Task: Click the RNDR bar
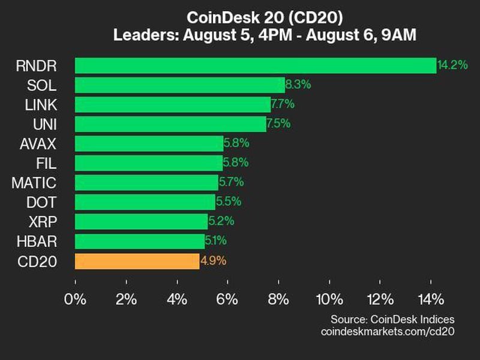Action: coord(255,65)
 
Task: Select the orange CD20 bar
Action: coord(137,261)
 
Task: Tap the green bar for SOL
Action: coord(180,85)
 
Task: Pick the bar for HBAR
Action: coord(140,241)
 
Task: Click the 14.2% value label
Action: coord(452,65)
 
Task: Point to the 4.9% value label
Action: coord(214,261)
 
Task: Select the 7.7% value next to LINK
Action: coord(283,104)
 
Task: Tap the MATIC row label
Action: coord(34,182)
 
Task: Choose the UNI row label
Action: coord(46,124)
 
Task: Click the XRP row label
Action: coord(44,221)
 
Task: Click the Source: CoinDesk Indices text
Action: coord(392,319)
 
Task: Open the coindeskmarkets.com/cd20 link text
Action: coord(388,332)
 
